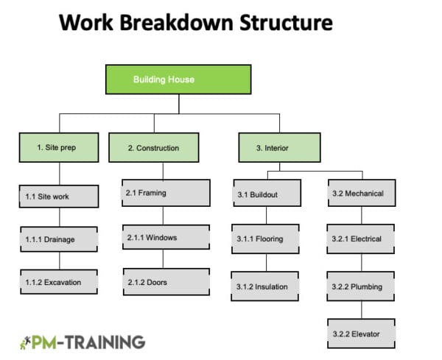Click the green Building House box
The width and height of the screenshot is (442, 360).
[178, 80]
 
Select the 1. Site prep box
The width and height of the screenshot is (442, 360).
[58, 148]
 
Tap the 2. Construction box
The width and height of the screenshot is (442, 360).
[154, 148]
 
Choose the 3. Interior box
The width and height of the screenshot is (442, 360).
[279, 148]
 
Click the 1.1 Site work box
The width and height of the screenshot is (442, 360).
[58, 197]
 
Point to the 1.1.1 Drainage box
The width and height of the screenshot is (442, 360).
[58, 239]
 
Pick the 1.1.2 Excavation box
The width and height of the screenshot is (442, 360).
[58, 282]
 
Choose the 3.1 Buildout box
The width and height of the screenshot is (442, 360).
[266, 195]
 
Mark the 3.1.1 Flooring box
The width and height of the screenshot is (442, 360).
[266, 239]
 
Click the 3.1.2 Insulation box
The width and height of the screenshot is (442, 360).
[266, 286]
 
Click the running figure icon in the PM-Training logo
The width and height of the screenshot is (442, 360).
[27, 342]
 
